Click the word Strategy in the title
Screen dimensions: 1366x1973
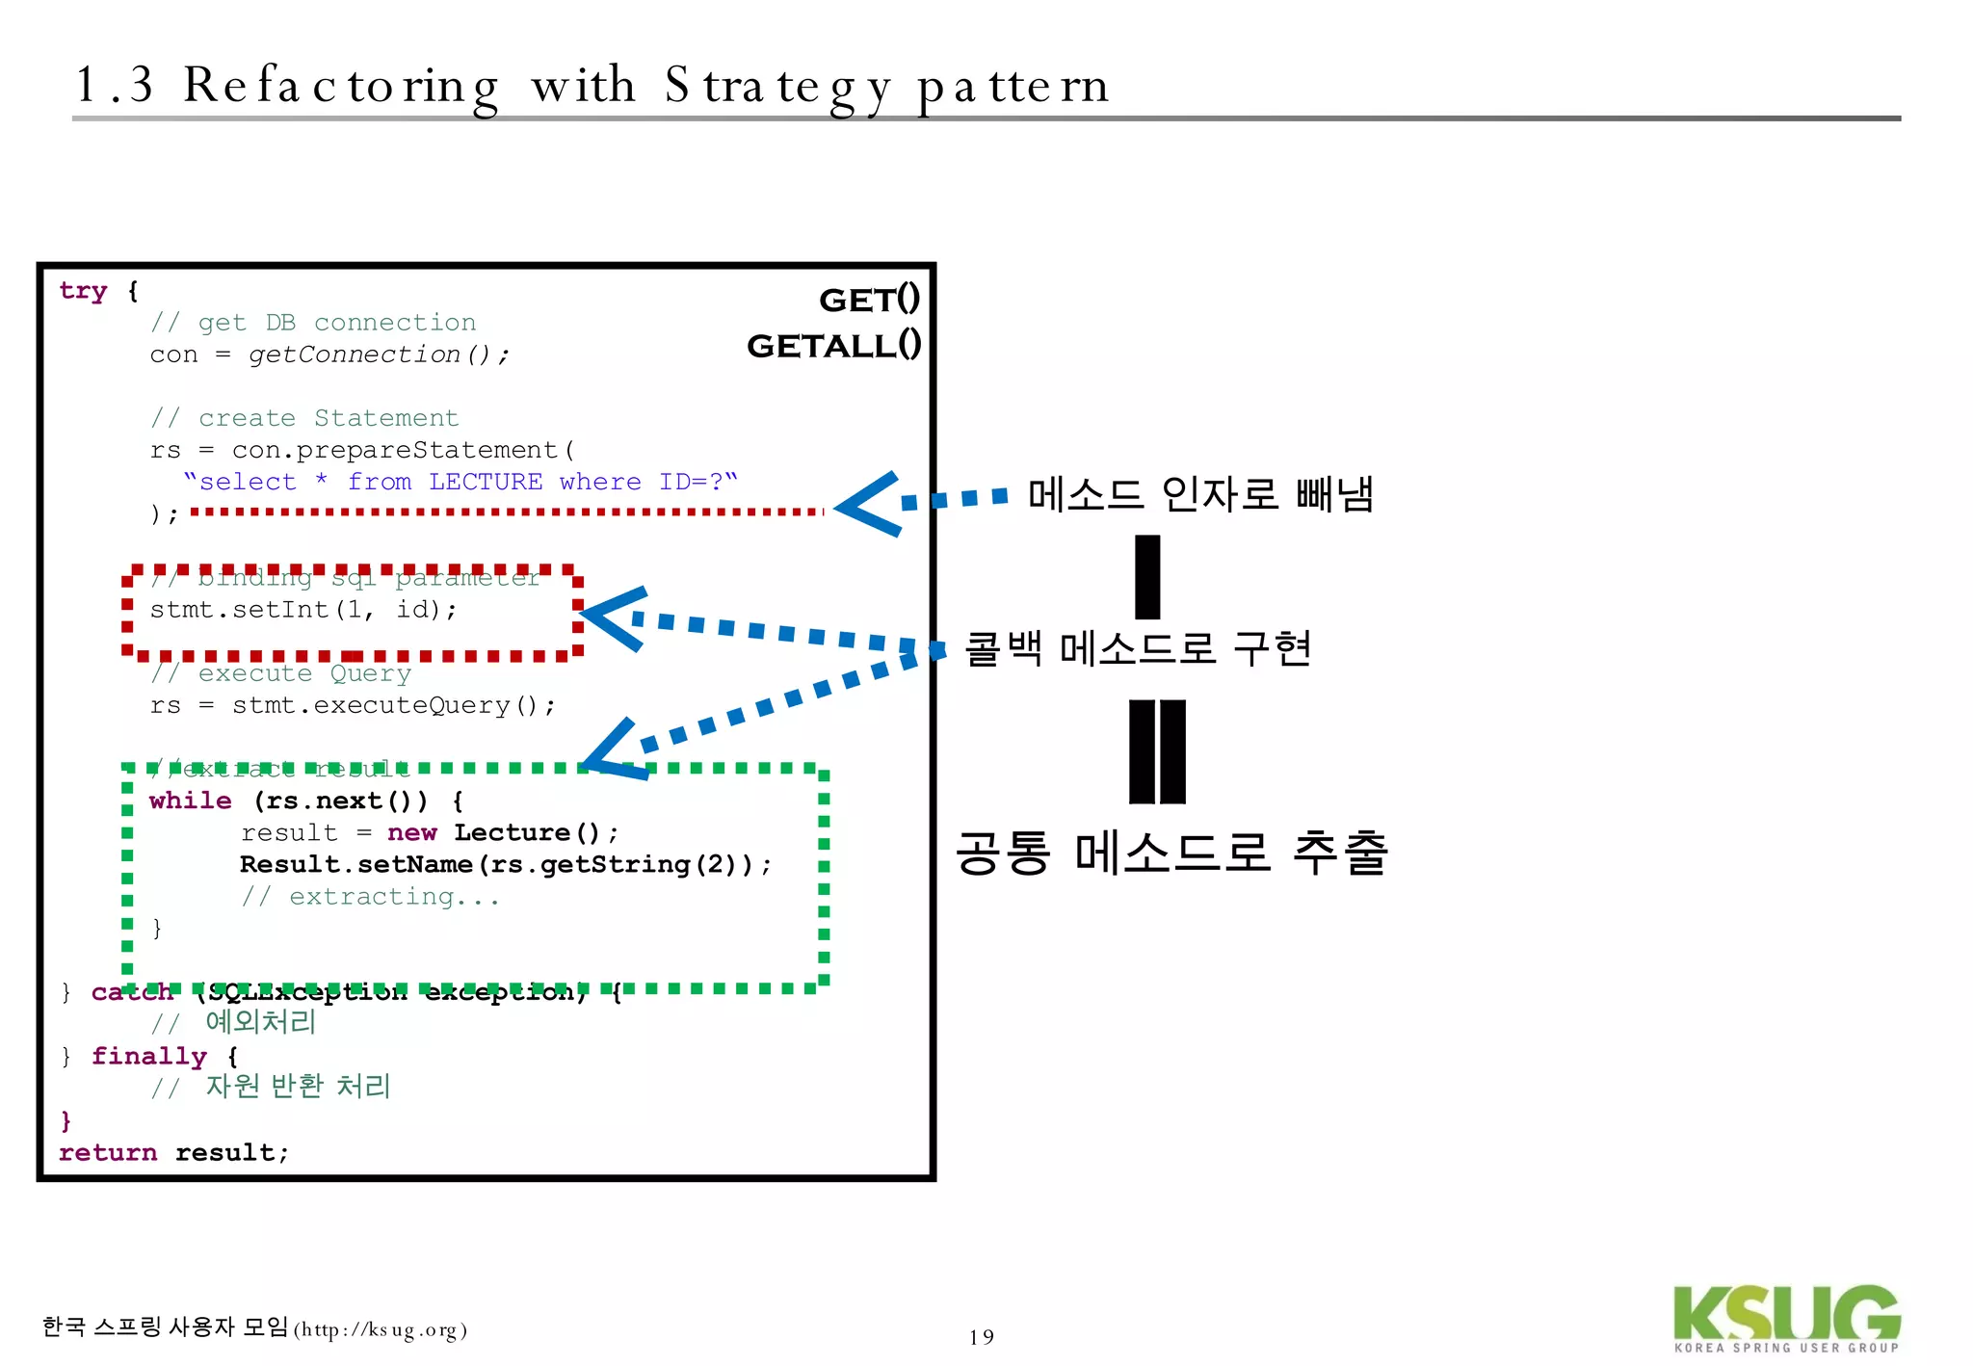coord(777,87)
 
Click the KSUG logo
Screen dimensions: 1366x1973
coord(1786,1317)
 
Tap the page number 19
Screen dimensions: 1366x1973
coord(981,1337)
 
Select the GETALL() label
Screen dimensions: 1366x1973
coord(833,345)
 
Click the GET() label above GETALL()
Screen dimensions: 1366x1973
coord(869,300)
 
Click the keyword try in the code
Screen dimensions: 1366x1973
coord(83,291)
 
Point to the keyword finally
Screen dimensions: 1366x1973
coord(149,1057)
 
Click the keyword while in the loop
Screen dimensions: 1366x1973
coord(190,801)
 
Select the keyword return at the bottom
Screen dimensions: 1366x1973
coord(107,1153)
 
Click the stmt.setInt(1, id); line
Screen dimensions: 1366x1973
coord(303,610)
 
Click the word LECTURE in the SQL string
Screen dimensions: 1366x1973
coord(486,482)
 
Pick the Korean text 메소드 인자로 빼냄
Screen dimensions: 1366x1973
coord(1200,494)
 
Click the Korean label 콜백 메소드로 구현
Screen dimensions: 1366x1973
coord(1138,648)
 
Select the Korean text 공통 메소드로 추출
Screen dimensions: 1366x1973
coord(1171,853)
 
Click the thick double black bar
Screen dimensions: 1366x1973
coord(1157,751)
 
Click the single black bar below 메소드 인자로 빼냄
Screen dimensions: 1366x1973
coord(1147,577)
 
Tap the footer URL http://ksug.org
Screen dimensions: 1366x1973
coord(381,1330)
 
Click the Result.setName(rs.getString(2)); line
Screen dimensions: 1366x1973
coord(505,865)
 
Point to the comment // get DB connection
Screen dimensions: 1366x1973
coord(313,323)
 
